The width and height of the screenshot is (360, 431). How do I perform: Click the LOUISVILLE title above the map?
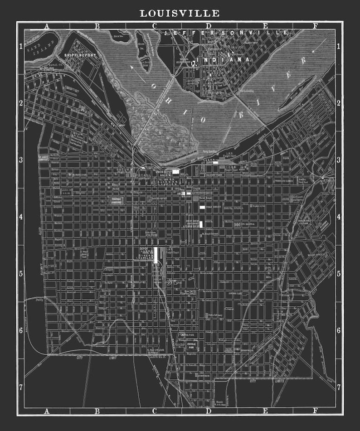(x=180, y=13)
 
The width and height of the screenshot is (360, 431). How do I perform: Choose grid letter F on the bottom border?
(x=316, y=411)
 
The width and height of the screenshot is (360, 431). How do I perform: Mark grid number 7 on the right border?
(x=338, y=387)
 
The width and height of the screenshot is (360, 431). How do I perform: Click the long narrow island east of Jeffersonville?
(x=297, y=93)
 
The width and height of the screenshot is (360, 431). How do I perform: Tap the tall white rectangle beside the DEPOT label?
(x=156, y=255)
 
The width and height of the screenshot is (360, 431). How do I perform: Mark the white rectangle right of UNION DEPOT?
(x=175, y=171)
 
